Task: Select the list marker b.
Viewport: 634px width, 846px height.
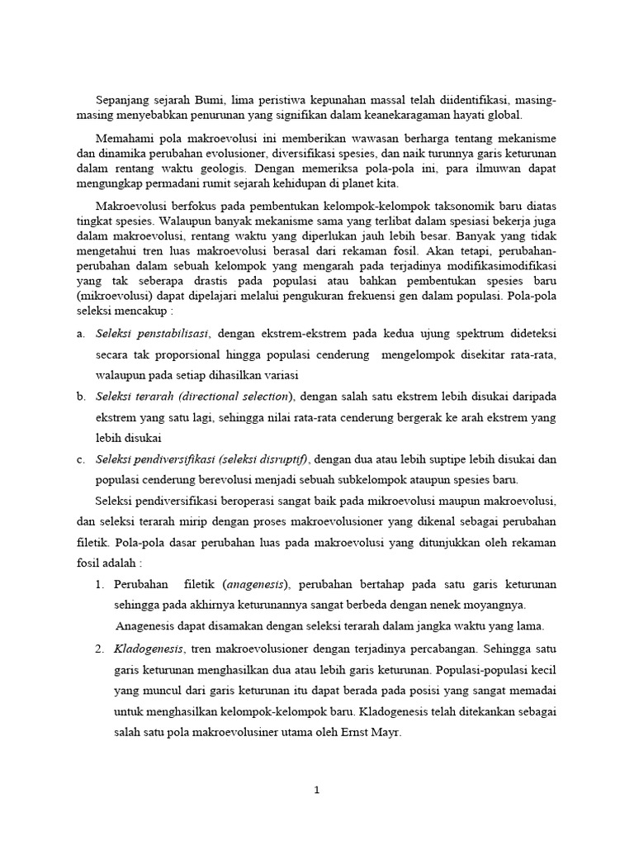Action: [81, 397]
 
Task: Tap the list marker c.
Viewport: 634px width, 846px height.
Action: [81, 459]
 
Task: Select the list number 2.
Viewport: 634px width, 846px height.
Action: [98, 646]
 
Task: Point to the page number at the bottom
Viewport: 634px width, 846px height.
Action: [316, 790]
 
